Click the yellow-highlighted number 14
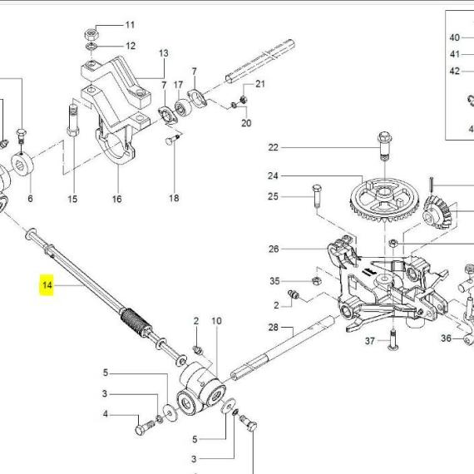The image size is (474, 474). pos(47,284)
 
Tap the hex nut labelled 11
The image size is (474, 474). pos(91,34)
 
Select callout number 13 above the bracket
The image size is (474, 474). pos(164,53)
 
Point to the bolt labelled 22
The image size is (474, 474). pos(385,146)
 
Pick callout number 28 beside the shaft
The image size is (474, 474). pos(274,327)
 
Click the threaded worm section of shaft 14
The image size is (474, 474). pos(136,321)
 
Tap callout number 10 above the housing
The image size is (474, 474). pos(216,321)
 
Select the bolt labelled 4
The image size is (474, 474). pos(145,427)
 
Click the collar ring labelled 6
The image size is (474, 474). pos(22,165)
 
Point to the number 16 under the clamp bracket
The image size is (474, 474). pos(116,199)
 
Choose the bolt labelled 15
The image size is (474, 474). pos(73,121)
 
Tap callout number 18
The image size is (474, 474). pos(174,198)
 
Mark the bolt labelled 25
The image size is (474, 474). pos(317,195)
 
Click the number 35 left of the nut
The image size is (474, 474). pos(274,281)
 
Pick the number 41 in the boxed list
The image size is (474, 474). pos(455,54)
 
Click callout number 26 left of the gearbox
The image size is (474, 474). pos(274,249)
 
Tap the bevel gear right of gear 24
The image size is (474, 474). pos(437,212)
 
